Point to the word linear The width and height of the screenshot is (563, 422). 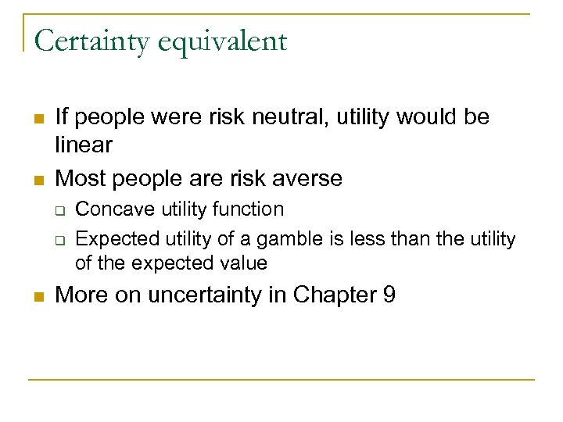point(84,145)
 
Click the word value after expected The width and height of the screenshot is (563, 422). point(242,263)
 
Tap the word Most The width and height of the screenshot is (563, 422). point(81,178)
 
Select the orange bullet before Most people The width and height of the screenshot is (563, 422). point(38,180)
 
